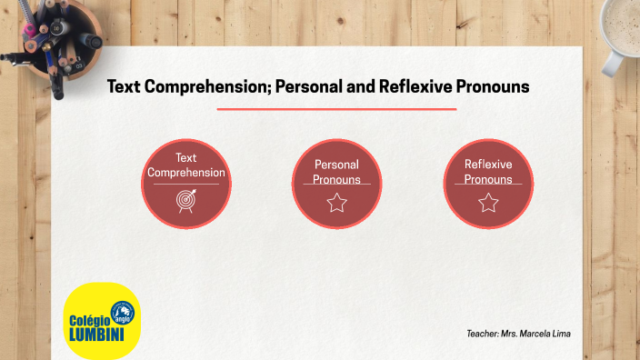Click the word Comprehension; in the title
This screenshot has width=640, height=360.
coord(201,87)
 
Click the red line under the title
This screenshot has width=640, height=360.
coord(336,109)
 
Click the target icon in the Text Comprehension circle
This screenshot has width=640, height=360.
coord(185,201)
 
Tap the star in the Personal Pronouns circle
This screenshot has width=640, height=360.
coord(336,203)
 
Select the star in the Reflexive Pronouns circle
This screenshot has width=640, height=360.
coord(488,203)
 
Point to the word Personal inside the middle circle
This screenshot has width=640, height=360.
coord(336,165)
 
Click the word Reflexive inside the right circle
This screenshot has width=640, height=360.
coord(488,165)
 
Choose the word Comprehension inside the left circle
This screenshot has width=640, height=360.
coord(186,172)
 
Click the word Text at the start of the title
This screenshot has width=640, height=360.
coord(122,87)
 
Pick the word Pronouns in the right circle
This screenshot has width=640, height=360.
coord(488,179)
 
